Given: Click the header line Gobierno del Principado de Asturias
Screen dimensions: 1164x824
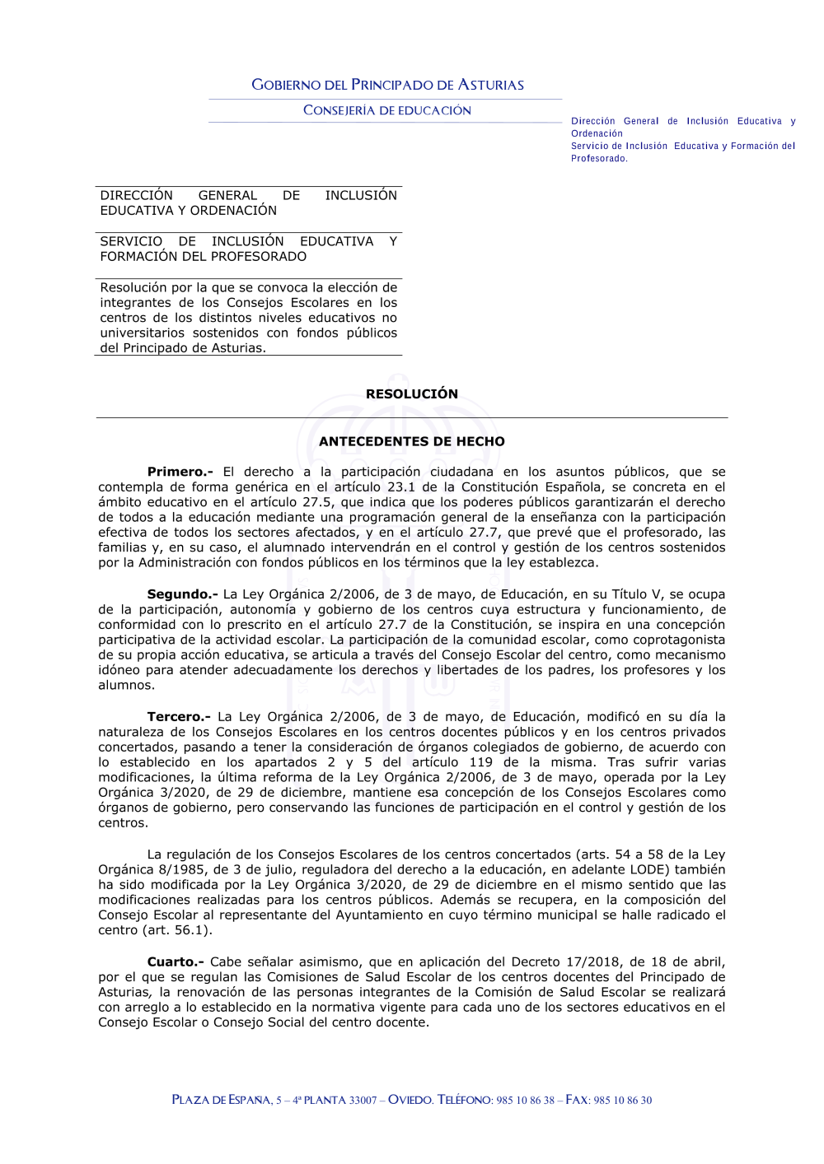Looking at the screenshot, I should pos(387,85).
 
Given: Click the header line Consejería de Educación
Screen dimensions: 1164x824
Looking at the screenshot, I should pos(387,110).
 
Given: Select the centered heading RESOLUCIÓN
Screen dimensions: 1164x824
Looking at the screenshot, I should pos(412,394).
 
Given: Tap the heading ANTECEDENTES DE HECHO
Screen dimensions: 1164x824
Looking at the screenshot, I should pos(412,442).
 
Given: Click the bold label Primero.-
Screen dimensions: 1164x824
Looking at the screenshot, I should pos(180,473).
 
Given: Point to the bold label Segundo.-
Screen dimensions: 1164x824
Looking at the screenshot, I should pos(182,594).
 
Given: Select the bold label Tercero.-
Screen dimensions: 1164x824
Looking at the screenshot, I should pos(179,717).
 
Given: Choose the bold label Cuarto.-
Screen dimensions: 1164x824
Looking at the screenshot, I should pos(176,962).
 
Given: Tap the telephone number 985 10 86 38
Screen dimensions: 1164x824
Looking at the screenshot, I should pos(526,1101).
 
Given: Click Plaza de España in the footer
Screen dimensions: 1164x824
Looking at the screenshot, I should pos(221,1101).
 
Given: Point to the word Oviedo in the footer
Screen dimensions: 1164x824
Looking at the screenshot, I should pos(410,1101).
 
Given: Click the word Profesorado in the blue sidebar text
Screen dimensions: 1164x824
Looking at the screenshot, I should pos(599,159).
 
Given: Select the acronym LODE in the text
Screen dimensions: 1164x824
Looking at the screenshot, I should pos(654,870).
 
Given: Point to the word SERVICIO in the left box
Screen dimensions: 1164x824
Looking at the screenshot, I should pos(131,242).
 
